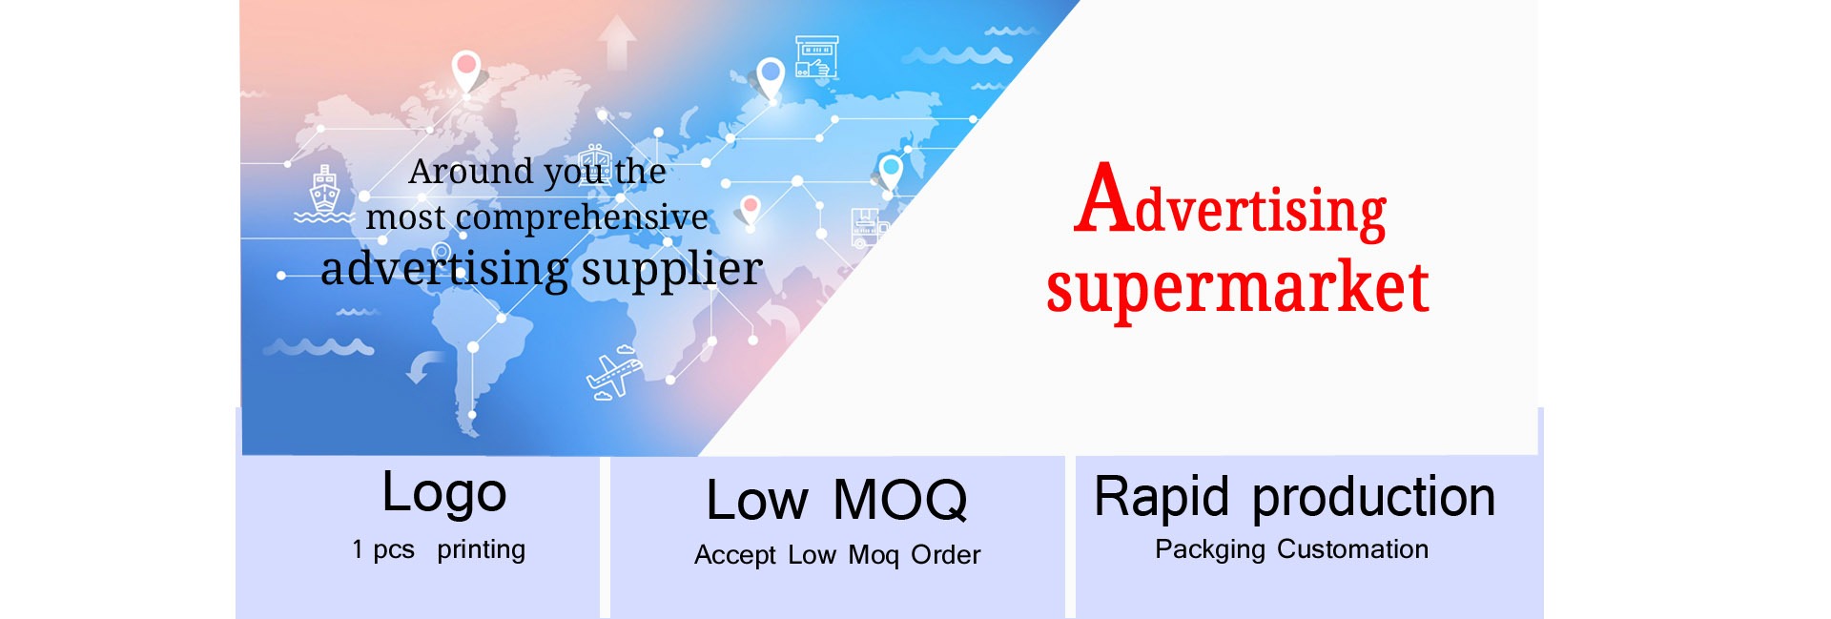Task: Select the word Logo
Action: click(444, 494)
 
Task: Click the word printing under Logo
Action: click(481, 550)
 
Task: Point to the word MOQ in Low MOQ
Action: click(900, 501)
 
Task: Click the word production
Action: click(1373, 498)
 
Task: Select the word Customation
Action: click(1352, 549)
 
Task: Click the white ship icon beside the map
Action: click(324, 194)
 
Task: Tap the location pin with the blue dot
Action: click(770, 79)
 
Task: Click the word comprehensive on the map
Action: click(582, 218)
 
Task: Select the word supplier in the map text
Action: click(672, 270)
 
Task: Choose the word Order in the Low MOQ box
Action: click(946, 555)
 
